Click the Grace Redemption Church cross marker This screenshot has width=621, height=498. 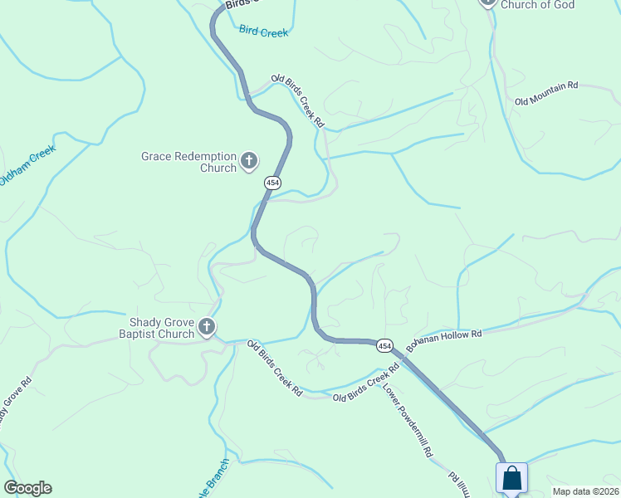click(x=248, y=161)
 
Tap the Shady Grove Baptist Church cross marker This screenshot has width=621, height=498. click(x=207, y=328)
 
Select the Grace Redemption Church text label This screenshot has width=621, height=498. click(x=189, y=161)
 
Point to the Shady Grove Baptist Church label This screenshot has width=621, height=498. click(x=162, y=328)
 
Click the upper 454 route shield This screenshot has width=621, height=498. click(x=272, y=183)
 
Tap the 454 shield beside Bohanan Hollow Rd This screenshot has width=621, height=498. click(x=384, y=344)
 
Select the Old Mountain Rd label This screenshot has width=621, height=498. click(x=545, y=93)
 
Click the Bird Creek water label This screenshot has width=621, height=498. click(x=263, y=32)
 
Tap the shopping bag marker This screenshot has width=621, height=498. click(x=511, y=479)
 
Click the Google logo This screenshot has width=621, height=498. click(x=27, y=488)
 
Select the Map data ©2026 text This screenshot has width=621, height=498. click(x=586, y=491)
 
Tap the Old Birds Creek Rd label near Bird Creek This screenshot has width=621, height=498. click(x=297, y=101)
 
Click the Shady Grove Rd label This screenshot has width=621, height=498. click(x=15, y=403)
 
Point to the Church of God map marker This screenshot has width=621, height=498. click(x=487, y=2)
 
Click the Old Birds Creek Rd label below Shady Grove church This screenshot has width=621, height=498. click(x=274, y=367)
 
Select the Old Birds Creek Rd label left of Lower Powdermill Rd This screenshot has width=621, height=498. click(x=360, y=388)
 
